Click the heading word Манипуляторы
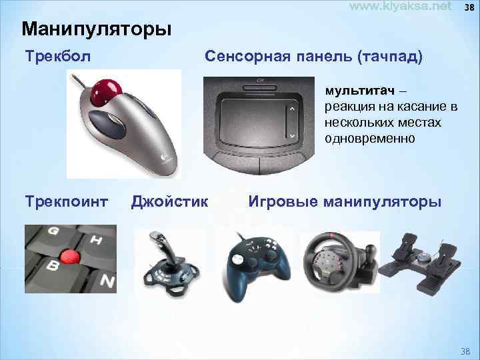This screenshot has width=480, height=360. [96, 30]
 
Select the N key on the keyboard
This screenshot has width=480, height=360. [107, 281]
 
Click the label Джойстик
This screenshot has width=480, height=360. [170, 200]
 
